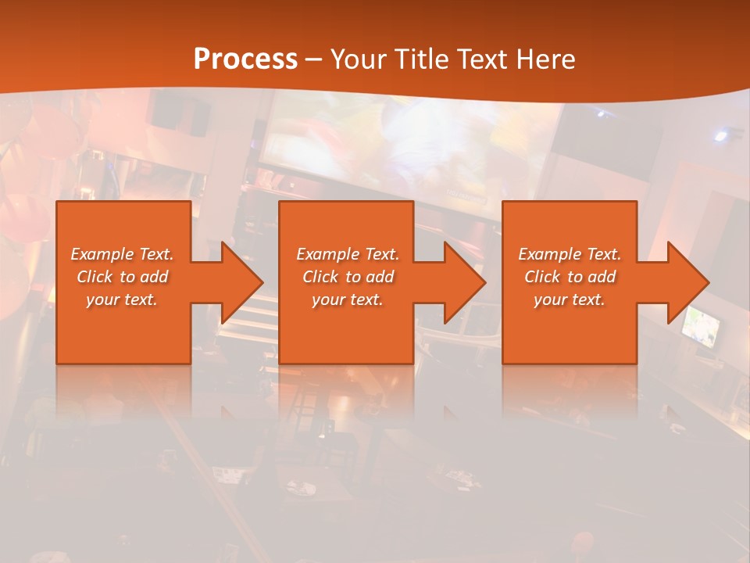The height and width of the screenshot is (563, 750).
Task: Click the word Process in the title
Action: pyautogui.click(x=245, y=59)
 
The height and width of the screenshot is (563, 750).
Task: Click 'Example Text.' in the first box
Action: pyautogui.click(x=122, y=254)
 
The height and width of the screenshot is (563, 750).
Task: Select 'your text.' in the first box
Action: pyautogui.click(x=122, y=299)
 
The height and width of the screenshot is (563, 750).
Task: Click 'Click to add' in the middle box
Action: pyautogui.click(x=348, y=277)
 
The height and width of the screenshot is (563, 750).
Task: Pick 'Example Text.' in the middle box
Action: pyautogui.click(x=348, y=254)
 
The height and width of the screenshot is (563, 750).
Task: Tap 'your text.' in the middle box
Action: pyautogui.click(x=348, y=299)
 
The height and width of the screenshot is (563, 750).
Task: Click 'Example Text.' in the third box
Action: pyautogui.click(x=570, y=254)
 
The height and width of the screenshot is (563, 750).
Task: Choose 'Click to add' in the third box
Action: pyautogui.click(x=570, y=277)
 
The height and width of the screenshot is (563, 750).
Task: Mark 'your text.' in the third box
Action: pyautogui.click(x=570, y=299)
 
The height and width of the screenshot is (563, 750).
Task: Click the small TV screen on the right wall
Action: pyautogui.click(x=702, y=328)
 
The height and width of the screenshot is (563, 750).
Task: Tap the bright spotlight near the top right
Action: pyautogui.click(x=720, y=136)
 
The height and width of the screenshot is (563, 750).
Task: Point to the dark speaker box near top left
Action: pyautogui.click(x=180, y=112)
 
